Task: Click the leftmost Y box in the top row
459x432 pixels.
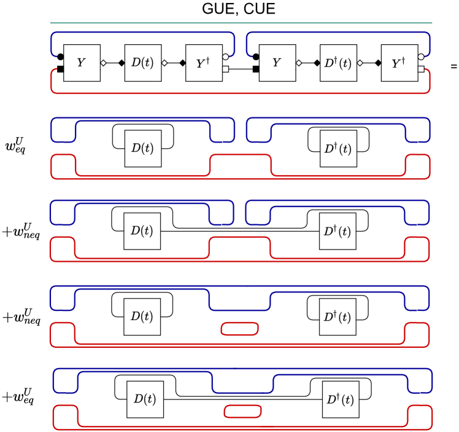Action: coord(82,63)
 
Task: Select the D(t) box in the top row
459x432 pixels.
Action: coord(143,63)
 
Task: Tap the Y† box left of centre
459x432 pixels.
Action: coord(204,63)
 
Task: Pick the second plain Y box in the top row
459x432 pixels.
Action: coord(277,63)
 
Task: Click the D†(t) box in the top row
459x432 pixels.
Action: coord(338,63)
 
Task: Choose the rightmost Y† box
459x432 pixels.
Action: coord(399,63)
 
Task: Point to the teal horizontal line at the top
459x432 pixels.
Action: coord(241,23)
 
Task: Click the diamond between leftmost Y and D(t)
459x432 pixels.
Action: coord(103,63)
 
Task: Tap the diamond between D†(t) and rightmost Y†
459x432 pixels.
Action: coord(360,63)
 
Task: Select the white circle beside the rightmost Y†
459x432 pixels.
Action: coord(421,57)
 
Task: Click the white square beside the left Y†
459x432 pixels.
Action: coord(225,69)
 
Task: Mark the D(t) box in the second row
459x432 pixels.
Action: coord(143,148)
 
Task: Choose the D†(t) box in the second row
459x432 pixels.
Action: coord(338,148)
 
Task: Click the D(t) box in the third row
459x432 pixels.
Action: coord(142,231)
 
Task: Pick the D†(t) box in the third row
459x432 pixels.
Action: coord(337,231)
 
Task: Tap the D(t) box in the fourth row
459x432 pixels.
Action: coord(142,316)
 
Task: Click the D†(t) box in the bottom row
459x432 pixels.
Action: coord(341,399)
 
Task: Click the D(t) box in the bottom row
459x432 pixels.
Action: coord(145,399)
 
